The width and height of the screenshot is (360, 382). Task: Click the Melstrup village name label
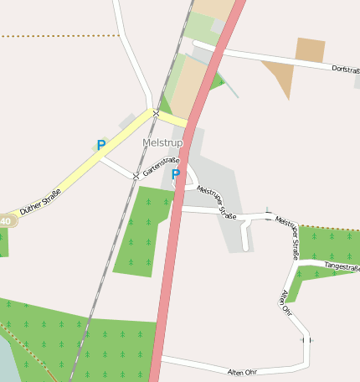(x=162, y=143)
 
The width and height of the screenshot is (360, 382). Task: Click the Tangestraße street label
(x=342, y=267)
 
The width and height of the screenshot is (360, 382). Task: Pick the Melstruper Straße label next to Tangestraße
(x=287, y=236)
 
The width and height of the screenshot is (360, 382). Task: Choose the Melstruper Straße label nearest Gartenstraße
(x=217, y=202)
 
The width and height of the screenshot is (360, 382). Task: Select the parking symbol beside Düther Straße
(x=101, y=145)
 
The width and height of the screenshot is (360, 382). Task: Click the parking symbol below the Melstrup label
(x=176, y=174)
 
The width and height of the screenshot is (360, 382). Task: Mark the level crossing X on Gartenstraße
(x=136, y=176)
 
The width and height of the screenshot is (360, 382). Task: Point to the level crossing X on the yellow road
(x=156, y=112)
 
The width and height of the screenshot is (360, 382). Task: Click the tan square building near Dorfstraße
(x=310, y=50)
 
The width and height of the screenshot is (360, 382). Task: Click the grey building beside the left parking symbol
(x=127, y=122)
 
